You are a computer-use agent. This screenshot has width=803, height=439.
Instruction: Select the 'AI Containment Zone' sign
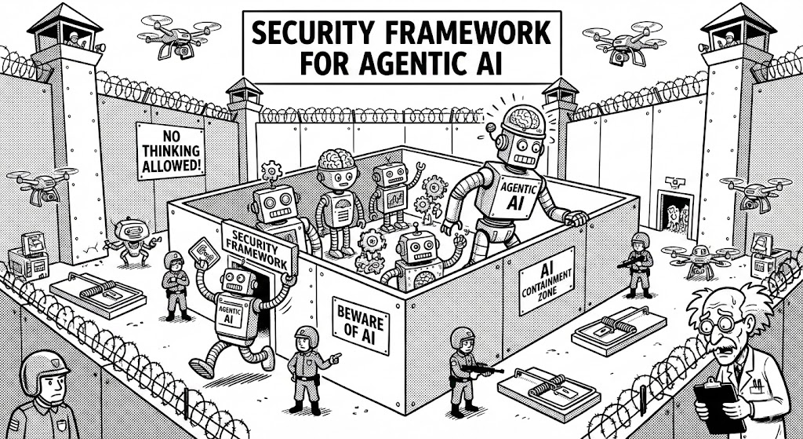coord(547,279)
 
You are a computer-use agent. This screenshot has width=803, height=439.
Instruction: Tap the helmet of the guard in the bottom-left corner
coord(43,370)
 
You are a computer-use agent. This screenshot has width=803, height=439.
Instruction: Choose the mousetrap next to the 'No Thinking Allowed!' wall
coord(96,294)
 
